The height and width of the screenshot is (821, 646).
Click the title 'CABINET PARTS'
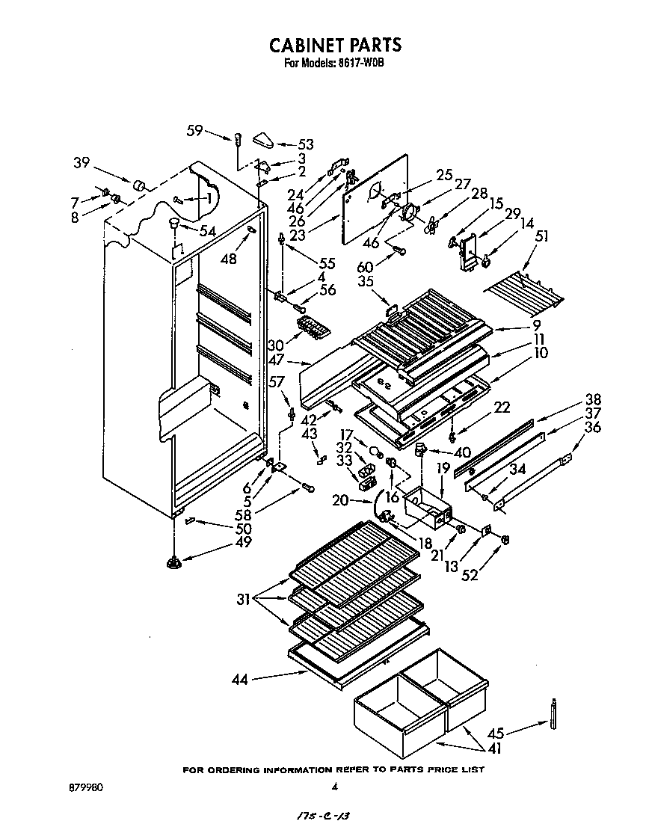click(x=335, y=45)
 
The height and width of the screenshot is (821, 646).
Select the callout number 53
click(x=305, y=144)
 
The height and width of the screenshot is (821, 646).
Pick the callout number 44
click(x=240, y=680)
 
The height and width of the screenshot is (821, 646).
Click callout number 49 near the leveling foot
click(x=242, y=542)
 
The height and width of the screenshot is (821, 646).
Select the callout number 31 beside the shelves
click(x=243, y=599)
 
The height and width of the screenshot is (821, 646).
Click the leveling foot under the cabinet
click(x=174, y=562)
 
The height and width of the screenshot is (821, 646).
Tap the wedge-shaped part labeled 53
click(x=265, y=138)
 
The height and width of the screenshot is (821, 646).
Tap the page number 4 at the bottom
click(x=334, y=787)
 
